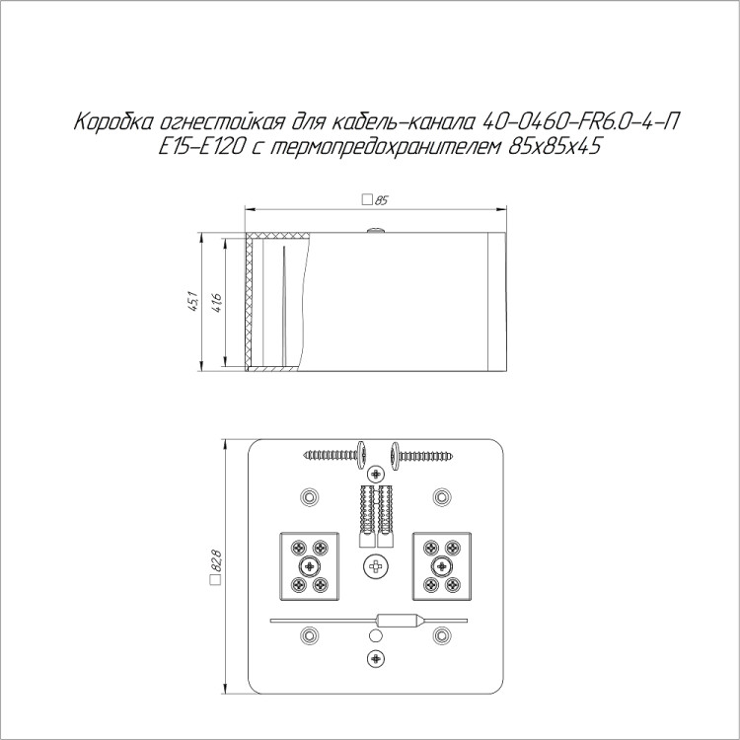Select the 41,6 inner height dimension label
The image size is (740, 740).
click(x=217, y=303)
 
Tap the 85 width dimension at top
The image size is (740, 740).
click(x=375, y=200)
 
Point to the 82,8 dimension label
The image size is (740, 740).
click(x=216, y=567)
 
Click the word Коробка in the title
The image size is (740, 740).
click(x=114, y=122)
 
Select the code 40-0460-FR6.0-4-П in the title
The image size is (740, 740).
click(x=581, y=122)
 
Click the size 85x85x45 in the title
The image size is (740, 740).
click(x=555, y=147)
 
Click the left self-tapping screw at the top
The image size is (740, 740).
click(x=335, y=455)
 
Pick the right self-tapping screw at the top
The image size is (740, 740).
click(x=421, y=456)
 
